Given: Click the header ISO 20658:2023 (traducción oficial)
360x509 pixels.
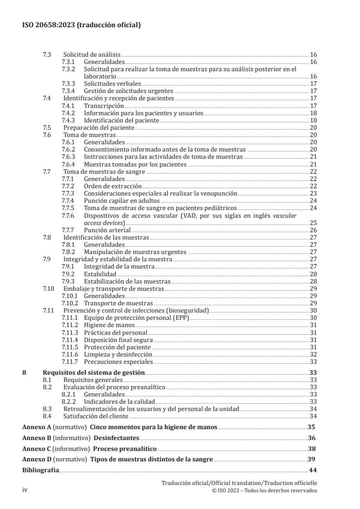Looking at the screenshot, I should (x=81, y=25).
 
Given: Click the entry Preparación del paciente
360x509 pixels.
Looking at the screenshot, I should (x=99, y=127).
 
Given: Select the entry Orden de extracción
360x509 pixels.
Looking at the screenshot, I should (x=113, y=186).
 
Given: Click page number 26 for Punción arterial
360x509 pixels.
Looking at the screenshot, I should (x=313, y=230).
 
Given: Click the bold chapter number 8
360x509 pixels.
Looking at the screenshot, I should (x=25, y=372).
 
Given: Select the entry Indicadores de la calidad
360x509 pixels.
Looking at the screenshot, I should (x=119, y=401).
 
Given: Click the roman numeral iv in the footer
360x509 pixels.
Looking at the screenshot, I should (x=25, y=491).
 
